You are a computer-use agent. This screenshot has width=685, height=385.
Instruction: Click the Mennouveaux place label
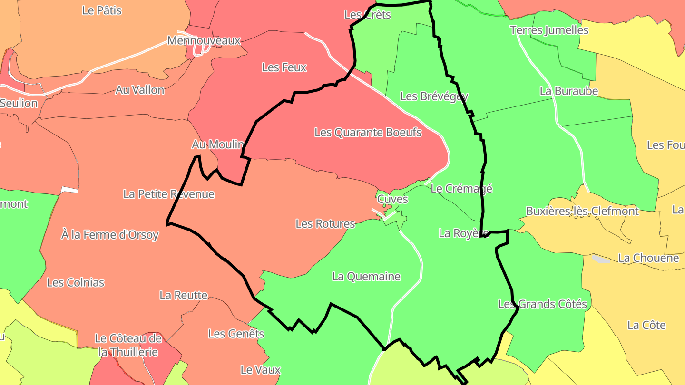[x=204, y=40]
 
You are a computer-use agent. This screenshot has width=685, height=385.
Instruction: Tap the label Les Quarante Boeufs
[x=368, y=132]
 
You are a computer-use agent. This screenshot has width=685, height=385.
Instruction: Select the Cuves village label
[x=392, y=199]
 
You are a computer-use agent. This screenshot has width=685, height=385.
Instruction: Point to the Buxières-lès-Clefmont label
[x=582, y=211]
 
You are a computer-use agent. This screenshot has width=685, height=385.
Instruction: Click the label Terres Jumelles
[x=549, y=30]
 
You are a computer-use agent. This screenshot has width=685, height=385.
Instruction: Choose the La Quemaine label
[x=366, y=276]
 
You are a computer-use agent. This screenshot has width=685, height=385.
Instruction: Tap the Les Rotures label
[x=325, y=223]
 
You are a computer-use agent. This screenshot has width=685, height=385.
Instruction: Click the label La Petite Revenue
[x=169, y=194]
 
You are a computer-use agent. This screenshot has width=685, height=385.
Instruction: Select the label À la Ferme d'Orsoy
[x=110, y=234]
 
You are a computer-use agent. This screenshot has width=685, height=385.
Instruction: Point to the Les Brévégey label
[x=434, y=96]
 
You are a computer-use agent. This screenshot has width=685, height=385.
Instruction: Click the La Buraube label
[x=568, y=91]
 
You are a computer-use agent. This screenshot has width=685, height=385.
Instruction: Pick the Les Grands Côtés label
[x=542, y=304]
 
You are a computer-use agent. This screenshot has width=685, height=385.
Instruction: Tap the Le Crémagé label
[x=461, y=188]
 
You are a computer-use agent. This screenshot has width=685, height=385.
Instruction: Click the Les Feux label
[x=284, y=67]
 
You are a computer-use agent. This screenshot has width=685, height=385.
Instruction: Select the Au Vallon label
[x=140, y=90]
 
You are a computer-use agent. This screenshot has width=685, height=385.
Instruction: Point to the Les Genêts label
[x=236, y=334]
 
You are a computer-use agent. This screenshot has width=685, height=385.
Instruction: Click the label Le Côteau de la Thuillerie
[x=128, y=346]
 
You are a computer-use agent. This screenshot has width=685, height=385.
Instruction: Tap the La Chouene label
[x=648, y=258]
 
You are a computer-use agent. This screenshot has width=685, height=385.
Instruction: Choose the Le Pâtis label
[x=102, y=10]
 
